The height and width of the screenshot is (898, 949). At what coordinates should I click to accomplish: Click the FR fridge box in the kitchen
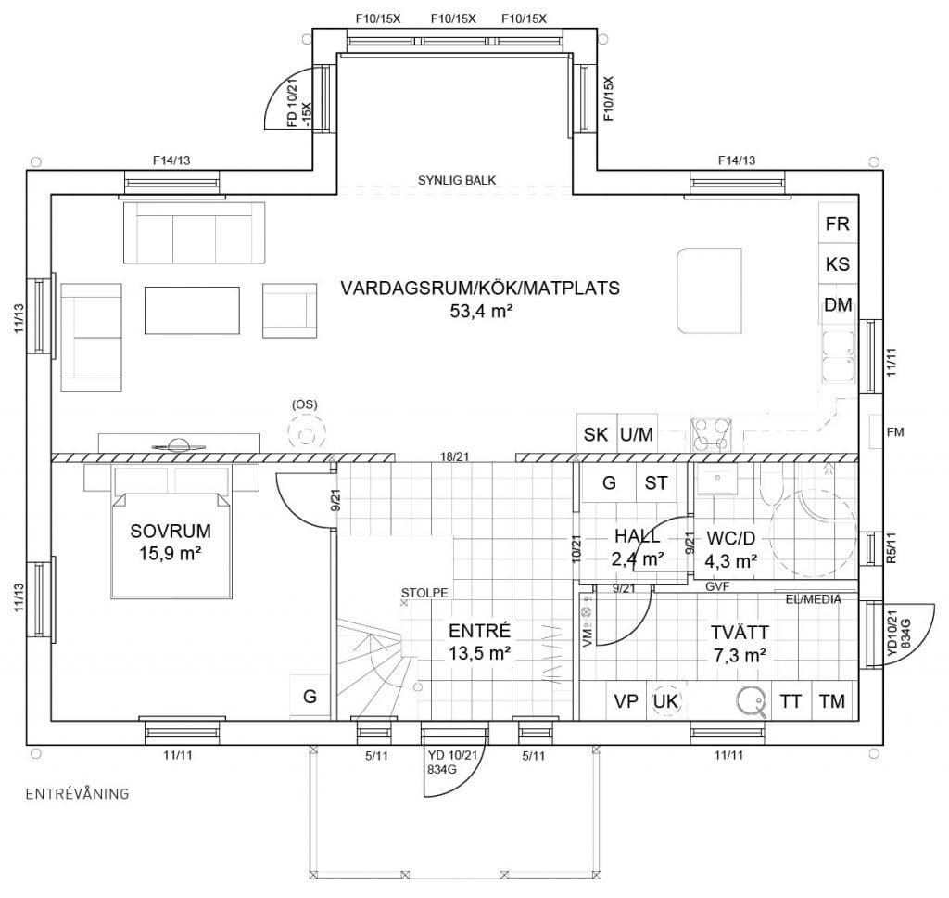[x=838, y=224]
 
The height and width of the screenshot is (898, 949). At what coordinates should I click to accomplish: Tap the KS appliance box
[x=838, y=264]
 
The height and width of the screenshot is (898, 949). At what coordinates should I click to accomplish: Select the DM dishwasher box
[x=838, y=305]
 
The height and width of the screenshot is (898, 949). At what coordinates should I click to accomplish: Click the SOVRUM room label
[x=171, y=531]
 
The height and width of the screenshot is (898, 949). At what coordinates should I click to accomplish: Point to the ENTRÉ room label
[x=480, y=631]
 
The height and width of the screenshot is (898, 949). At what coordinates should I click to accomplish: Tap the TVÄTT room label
[x=740, y=632]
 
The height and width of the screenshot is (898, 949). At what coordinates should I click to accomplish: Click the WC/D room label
[x=730, y=538]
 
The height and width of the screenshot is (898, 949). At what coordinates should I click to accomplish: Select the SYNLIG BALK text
[x=457, y=180]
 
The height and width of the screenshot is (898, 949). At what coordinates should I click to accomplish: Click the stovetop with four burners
[x=711, y=435]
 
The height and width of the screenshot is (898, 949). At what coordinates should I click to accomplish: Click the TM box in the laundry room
[x=832, y=701]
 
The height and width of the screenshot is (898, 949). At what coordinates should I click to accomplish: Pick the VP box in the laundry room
[x=626, y=701]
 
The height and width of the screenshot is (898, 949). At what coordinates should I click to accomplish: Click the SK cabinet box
[x=596, y=434]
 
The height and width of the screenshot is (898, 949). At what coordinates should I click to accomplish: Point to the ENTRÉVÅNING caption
[x=78, y=793]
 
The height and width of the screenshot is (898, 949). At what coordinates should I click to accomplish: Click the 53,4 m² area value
[x=481, y=312]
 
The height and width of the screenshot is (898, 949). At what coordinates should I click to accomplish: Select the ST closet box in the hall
[x=656, y=483]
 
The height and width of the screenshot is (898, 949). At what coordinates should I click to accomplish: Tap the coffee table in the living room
[x=192, y=310]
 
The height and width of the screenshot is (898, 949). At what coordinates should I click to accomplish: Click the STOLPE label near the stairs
[x=424, y=593]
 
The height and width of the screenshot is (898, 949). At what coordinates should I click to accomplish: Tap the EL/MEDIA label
[x=814, y=599]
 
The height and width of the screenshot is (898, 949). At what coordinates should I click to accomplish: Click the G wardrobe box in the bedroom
[x=310, y=697]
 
